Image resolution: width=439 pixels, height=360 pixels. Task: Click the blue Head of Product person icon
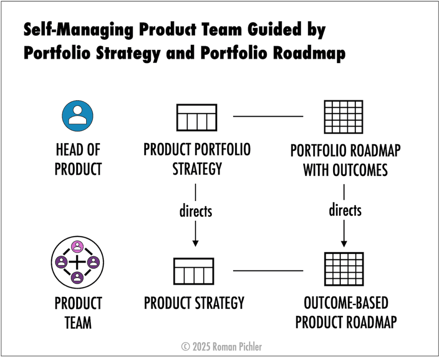click(78, 115)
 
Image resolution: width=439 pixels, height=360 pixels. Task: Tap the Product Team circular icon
click(78, 261)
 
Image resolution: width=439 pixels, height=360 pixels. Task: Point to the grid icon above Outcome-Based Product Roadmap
click(344, 269)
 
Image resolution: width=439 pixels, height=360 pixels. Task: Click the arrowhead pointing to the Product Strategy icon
click(195, 243)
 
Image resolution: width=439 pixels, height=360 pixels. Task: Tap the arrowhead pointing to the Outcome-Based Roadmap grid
click(344, 243)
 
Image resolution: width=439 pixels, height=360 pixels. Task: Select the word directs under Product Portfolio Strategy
click(195, 211)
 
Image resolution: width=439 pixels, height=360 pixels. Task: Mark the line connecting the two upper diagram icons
click(268, 116)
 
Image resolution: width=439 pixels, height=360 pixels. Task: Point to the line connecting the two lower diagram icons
click(268, 270)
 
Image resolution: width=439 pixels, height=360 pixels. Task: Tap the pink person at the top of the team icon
click(78, 246)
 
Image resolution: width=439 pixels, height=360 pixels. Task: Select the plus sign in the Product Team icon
click(78, 261)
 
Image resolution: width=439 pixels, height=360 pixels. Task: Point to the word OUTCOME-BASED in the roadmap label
click(346, 303)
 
